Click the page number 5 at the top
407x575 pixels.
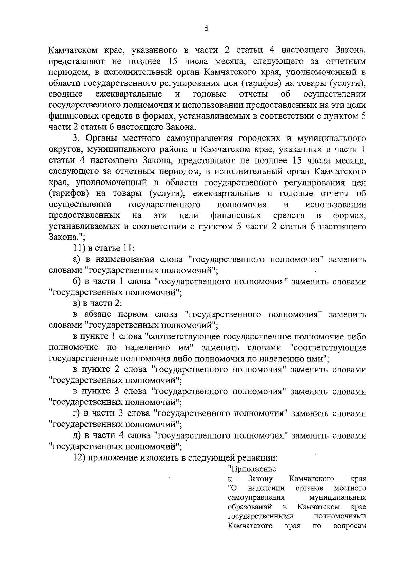coord(207,29)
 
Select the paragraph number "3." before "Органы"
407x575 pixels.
coord(76,138)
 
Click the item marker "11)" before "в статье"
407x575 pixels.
coord(79,248)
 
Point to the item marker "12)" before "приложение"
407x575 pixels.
coord(79,457)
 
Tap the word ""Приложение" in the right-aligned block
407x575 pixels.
coord(252,469)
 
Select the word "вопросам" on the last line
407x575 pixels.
coord(350,526)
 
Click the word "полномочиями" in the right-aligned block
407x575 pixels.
coord(340,516)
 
